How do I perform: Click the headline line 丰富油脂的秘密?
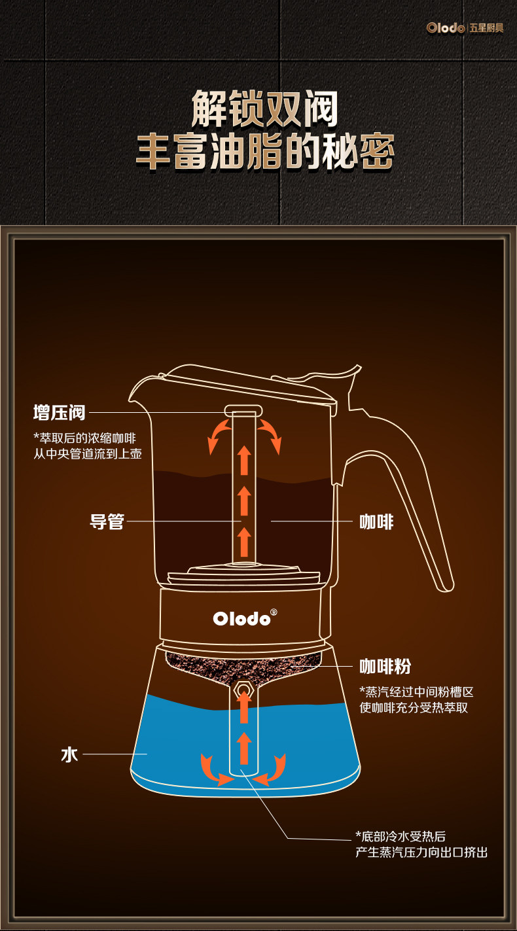(x=264, y=152)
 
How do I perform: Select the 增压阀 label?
(x=60, y=413)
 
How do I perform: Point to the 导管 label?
(x=107, y=521)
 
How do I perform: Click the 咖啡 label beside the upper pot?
(x=376, y=521)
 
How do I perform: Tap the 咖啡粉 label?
(x=385, y=666)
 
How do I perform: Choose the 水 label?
(x=69, y=754)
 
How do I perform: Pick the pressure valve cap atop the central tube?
(x=243, y=410)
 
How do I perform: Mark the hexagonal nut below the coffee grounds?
(x=243, y=689)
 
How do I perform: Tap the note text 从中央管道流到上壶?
(x=88, y=453)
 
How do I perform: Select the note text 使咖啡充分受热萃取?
(x=414, y=707)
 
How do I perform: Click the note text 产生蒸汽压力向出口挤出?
(x=421, y=852)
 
